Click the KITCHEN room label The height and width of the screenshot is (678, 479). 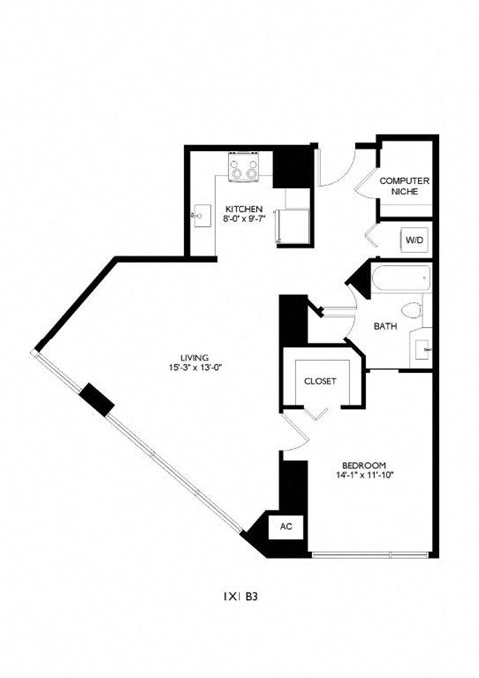(x=243, y=209)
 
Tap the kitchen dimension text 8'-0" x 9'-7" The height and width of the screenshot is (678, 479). (x=243, y=220)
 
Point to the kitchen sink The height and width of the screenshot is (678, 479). (x=198, y=213)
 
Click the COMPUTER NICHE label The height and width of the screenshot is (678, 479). (x=404, y=186)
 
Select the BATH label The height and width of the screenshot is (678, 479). (x=386, y=327)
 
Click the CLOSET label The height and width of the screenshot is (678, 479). (x=320, y=381)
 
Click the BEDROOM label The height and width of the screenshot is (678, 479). (x=363, y=465)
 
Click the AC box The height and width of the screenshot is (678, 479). (x=285, y=526)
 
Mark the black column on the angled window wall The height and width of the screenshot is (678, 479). (x=97, y=399)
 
